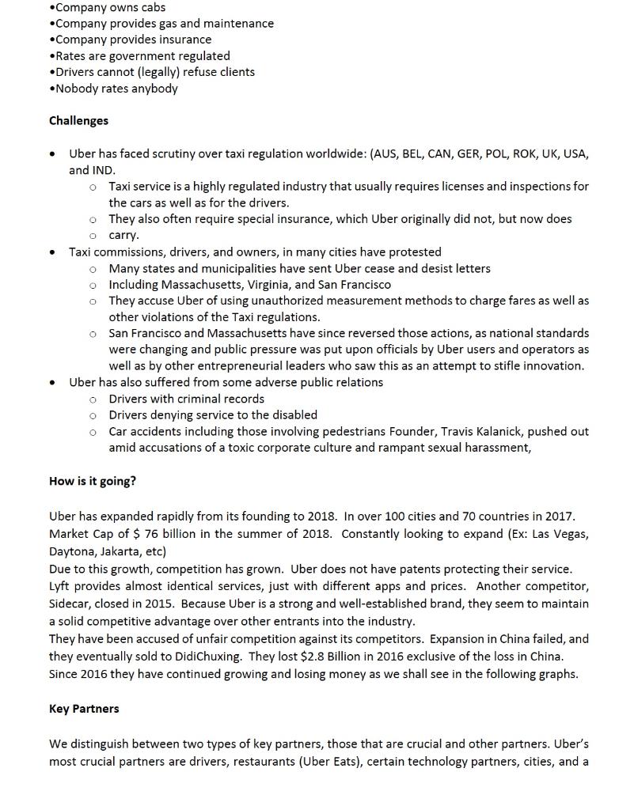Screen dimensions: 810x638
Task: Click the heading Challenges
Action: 78,121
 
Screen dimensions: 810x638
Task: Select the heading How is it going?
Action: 92,481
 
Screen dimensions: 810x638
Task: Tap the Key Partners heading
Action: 84,709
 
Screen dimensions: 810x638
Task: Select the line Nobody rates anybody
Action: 116,89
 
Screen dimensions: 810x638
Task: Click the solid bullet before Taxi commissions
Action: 52,252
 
